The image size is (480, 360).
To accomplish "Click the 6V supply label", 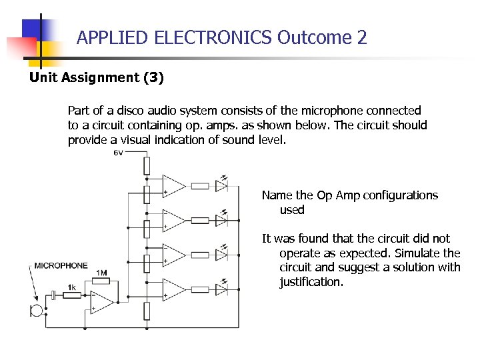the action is click(x=118, y=153).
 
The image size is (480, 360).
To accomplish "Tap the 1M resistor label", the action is click(x=101, y=273).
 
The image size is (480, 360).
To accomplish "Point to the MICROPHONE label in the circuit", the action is click(x=61, y=265).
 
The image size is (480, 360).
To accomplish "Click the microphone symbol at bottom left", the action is click(x=36, y=311).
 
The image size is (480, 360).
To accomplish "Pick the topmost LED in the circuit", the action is click(x=222, y=185).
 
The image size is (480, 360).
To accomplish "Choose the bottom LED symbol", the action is click(x=222, y=288).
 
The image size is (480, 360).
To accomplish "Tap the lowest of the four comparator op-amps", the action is click(x=174, y=288).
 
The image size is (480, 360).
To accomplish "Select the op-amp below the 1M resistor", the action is click(x=102, y=302).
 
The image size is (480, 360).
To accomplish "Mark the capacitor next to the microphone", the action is click(x=52, y=295).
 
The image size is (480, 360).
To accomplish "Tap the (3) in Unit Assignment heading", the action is click(x=153, y=77).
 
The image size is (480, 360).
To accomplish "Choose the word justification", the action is click(x=311, y=282).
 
